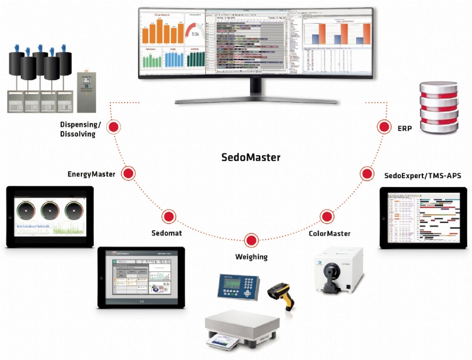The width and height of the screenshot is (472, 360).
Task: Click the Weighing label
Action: click(251, 257)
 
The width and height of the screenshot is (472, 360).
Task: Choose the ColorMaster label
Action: click(330, 234)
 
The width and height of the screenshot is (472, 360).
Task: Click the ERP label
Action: click(405, 128)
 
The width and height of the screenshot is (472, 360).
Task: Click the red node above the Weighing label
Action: click(251, 240)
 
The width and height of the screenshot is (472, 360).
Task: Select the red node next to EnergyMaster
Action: click(127, 174)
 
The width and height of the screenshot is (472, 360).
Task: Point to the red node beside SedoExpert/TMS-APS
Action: click(367, 174)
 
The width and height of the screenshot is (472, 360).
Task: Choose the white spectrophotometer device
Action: click(337, 271)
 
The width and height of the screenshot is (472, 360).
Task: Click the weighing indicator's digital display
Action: click(231, 284)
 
